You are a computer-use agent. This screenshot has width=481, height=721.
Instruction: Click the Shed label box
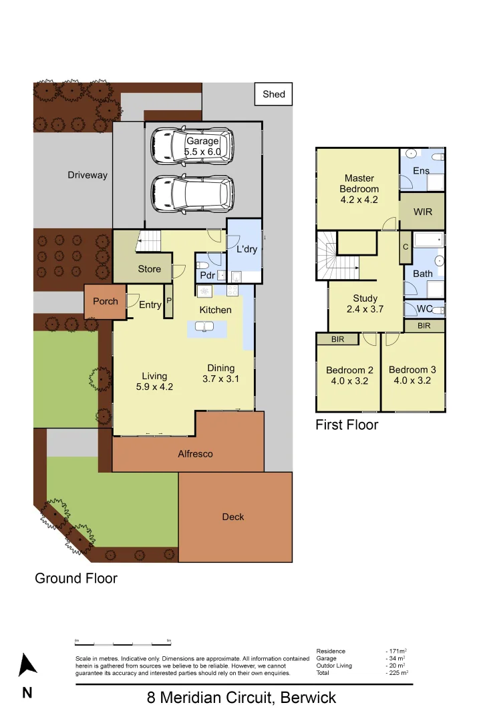(274, 94)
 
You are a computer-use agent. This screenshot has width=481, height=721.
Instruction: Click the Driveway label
(88, 175)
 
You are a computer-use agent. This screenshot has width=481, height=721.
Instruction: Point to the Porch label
(106, 302)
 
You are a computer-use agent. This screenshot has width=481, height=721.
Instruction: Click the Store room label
(150, 269)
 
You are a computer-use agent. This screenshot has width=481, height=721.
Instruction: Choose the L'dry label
(247, 250)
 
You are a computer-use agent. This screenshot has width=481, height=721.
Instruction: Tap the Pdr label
(207, 276)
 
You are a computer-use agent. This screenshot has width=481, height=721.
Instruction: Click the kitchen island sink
(204, 326)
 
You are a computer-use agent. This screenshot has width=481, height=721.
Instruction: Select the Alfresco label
(195, 454)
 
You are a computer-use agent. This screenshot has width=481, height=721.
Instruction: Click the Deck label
(233, 517)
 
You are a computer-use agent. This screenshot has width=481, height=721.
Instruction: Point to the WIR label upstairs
(423, 212)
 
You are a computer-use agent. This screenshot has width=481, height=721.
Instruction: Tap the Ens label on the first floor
(421, 171)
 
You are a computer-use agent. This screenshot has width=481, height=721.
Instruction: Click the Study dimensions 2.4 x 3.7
(365, 309)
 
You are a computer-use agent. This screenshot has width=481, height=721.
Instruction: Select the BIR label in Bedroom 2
(337, 339)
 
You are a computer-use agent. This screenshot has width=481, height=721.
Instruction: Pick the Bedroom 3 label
(412, 370)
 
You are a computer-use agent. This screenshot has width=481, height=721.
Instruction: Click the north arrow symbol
(27, 665)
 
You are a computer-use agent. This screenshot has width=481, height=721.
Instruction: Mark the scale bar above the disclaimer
(123, 644)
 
